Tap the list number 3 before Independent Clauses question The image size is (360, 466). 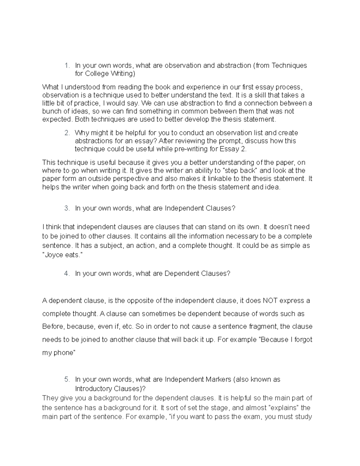coord(67,208)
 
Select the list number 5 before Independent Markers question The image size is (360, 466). coord(67,379)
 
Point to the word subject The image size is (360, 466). coord(108,245)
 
